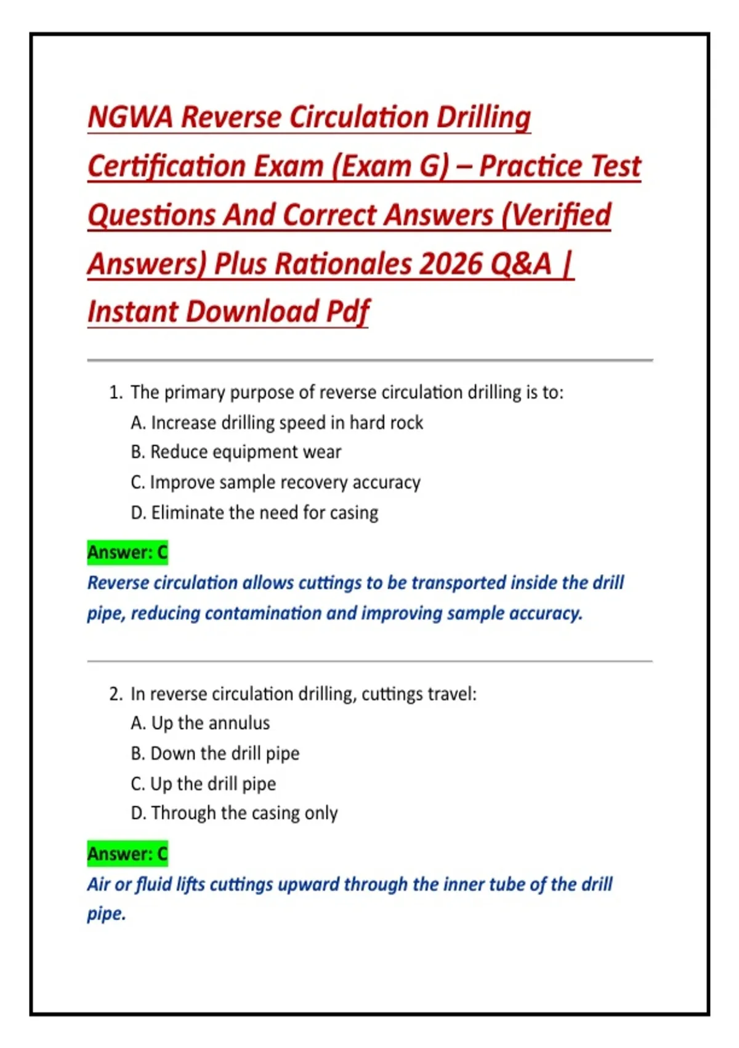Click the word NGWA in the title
(131, 117)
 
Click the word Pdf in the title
(348, 312)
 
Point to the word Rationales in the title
(344, 264)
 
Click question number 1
(115, 393)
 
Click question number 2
(115, 694)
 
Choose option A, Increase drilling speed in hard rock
(277, 423)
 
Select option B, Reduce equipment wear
(236, 452)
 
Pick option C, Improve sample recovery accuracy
(275, 482)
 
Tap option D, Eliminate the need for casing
(254, 512)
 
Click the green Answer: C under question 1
(127, 552)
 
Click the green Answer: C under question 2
(127, 854)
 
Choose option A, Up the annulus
(200, 723)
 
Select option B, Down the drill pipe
(215, 753)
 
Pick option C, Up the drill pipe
(203, 784)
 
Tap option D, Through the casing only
(234, 813)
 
